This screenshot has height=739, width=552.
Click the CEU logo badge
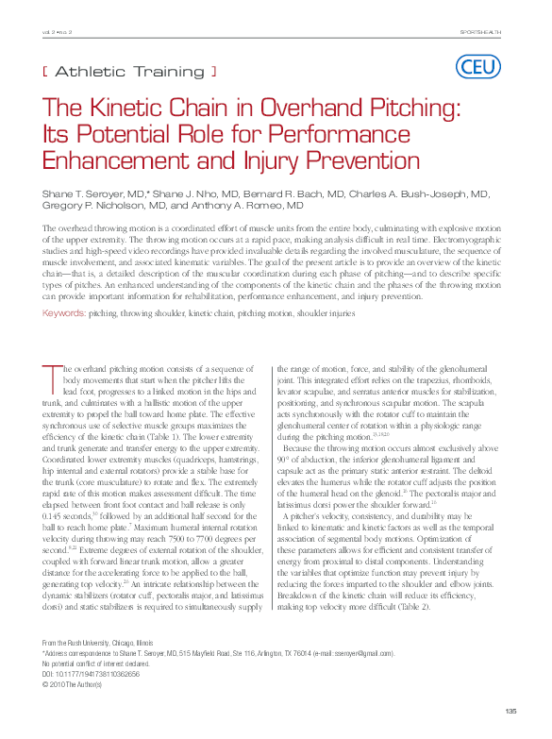tap(477, 66)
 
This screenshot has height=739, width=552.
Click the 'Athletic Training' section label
tap(130, 71)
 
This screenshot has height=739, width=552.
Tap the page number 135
tap(511, 711)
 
